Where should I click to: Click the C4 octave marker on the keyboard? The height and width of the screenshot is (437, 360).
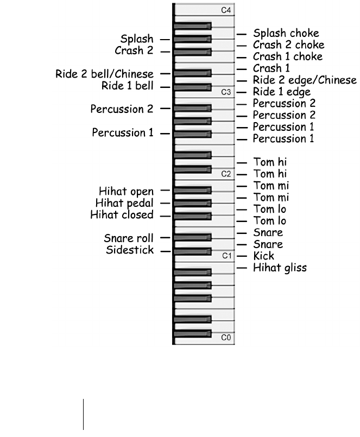[x=226, y=10]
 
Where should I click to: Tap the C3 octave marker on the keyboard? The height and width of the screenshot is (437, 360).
[x=226, y=92]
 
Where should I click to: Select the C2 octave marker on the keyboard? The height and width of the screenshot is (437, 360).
[x=226, y=174]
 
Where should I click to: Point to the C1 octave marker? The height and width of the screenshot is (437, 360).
[x=226, y=256]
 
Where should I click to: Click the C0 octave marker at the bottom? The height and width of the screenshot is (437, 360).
[x=226, y=338]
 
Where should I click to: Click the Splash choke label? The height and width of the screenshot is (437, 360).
[x=286, y=34]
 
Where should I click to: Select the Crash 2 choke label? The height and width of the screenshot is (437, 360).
[x=288, y=45]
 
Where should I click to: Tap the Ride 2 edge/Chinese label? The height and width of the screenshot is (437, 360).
[x=305, y=80]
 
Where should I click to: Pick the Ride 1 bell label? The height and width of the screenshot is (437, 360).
[x=128, y=86]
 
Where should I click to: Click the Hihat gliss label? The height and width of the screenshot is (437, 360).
[x=280, y=268]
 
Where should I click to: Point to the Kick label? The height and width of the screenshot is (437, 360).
[x=264, y=256]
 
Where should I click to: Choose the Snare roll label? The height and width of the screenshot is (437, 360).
[x=129, y=238]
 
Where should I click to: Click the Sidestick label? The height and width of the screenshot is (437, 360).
[x=130, y=250]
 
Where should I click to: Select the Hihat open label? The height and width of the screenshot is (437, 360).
[x=127, y=191]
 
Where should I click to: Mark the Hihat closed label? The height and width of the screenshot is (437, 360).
[x=122, y=215]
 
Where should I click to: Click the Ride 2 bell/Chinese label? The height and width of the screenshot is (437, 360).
[x=105, y=74]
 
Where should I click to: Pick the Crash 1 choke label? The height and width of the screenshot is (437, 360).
[x=288, y=56]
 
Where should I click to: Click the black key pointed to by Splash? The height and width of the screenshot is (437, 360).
[x=193, y=39]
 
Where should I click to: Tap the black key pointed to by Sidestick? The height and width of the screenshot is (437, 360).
[x=193, y=251]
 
